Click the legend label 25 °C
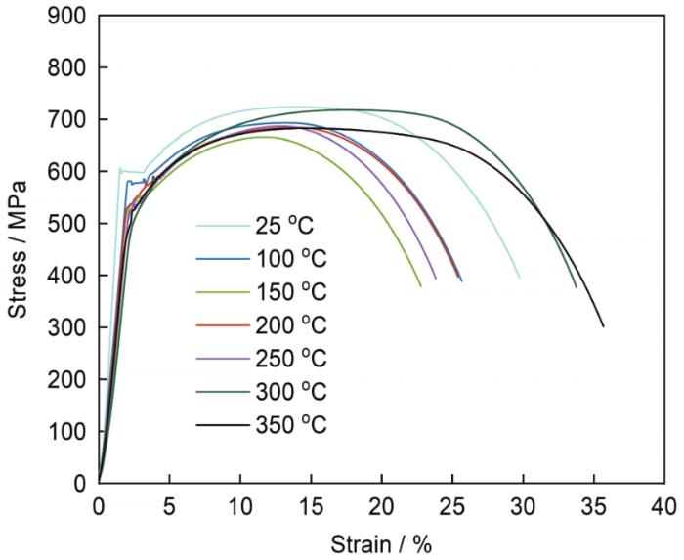291,226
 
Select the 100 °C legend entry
291,259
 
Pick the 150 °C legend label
291,292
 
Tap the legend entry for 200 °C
291,325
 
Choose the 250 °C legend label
291,359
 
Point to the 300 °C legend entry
291,392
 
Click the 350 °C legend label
291,425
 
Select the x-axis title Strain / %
380,543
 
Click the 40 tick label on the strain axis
663,505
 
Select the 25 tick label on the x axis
451,505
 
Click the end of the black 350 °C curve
604,326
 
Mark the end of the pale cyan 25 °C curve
519,278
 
